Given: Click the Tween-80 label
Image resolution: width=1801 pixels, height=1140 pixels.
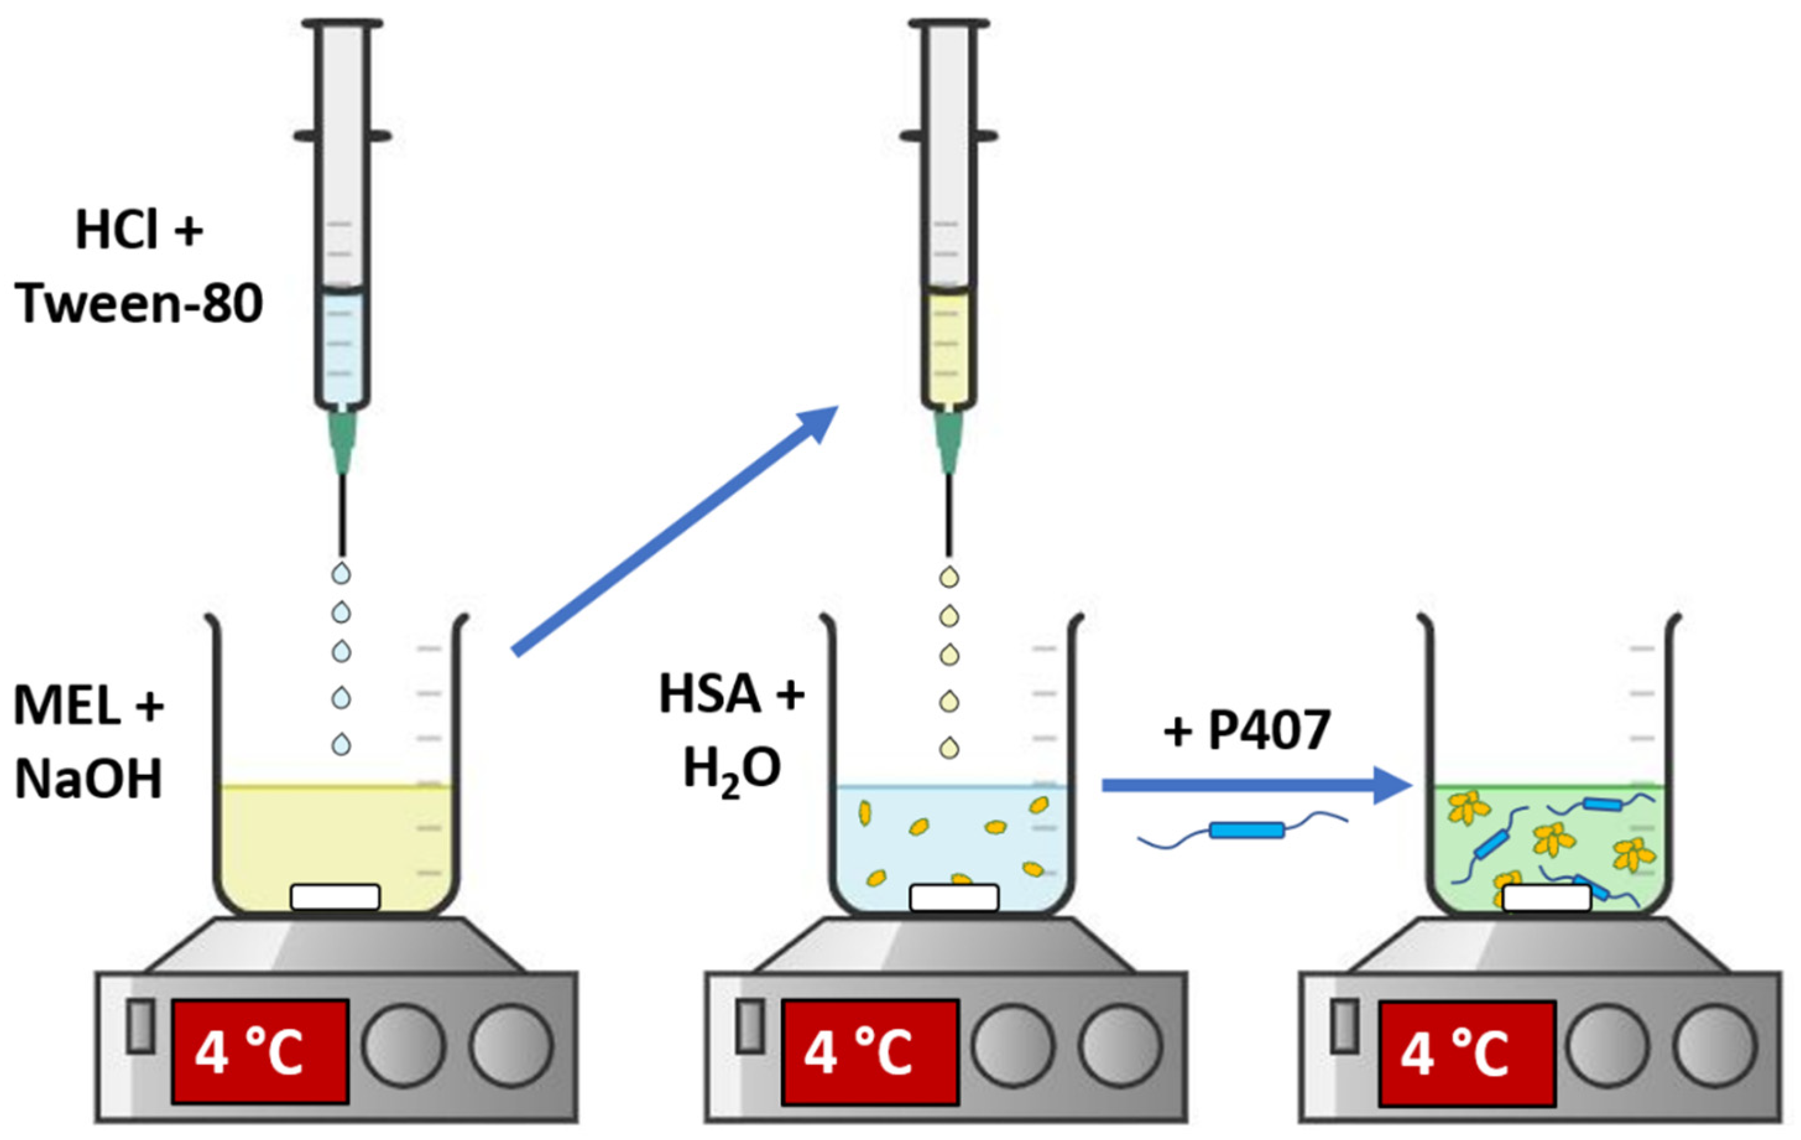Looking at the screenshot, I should pyautogui.click(x=139, y=304).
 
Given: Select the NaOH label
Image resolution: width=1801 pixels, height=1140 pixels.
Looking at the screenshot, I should pyautogui.click(x=88, y=779).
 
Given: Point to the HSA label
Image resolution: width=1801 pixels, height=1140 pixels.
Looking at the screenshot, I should pyautogui.click(x=711, y=693).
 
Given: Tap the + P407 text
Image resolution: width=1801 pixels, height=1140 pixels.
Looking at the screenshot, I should pyautogui.click(x=1247, y=729).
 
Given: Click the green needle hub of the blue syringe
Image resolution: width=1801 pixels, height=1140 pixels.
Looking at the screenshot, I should pyautogui.click(x=343, y=441).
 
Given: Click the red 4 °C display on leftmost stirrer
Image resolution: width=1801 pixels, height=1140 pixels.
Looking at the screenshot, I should pyautogui.click(x=260, y=1051).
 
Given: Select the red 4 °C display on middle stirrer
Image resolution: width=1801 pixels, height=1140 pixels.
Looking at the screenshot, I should pyautogui.click(x=870, y=1051).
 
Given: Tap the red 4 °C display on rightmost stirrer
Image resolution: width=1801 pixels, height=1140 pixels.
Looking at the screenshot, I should pyautogui.click(x=1466, y=1053).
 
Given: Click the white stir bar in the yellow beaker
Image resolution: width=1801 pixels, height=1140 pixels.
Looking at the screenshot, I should pyautogui.click(x=335, y=897).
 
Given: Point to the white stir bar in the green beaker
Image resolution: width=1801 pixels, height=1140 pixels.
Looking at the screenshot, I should pyautogui.click(x=1547, y=898).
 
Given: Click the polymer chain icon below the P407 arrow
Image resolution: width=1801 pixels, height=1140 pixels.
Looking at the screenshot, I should pyautogui.click(x=1245, y=830).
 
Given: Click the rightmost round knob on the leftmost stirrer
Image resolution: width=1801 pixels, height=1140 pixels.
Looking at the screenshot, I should pyautogui.click(x=511, y=1045).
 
